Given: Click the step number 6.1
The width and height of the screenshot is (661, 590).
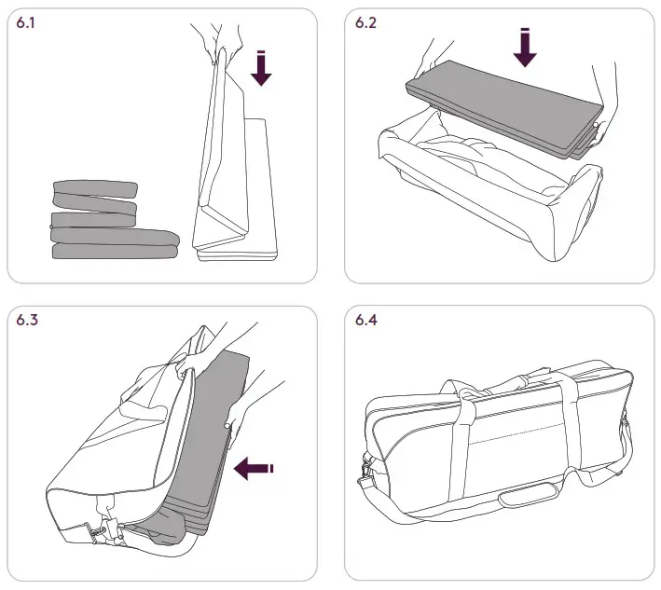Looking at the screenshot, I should point(27,24).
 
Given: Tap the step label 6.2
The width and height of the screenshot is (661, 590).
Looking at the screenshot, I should point(365,24).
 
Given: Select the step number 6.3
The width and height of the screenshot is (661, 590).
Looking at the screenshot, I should point(28,322).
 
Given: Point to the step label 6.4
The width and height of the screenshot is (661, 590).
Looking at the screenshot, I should point(366,322).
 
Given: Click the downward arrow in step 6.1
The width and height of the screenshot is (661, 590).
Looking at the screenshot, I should point(261,69).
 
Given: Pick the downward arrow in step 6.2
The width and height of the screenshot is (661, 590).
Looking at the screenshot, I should point(525,47).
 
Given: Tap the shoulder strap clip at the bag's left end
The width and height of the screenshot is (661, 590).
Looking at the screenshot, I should point(364,475).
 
